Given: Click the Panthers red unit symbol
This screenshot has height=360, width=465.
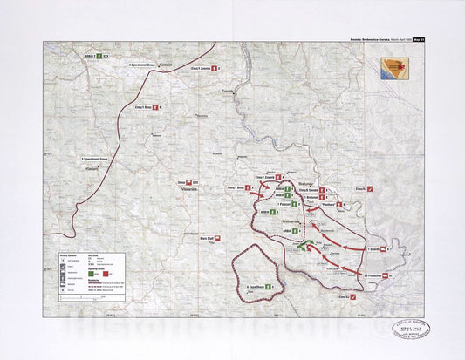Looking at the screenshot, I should click(x=342, y=205).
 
